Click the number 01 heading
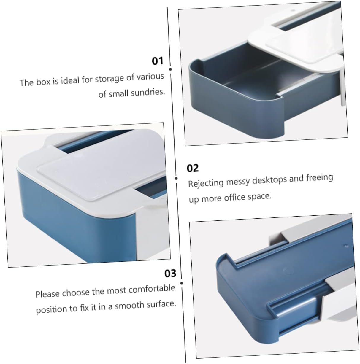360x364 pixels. [158, 61]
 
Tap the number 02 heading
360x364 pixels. [193, 168]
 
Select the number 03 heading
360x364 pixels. [170, 273]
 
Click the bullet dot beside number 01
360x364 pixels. [170, 69]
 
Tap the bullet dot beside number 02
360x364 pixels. [176, 178]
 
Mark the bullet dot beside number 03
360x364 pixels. [181, 283]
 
